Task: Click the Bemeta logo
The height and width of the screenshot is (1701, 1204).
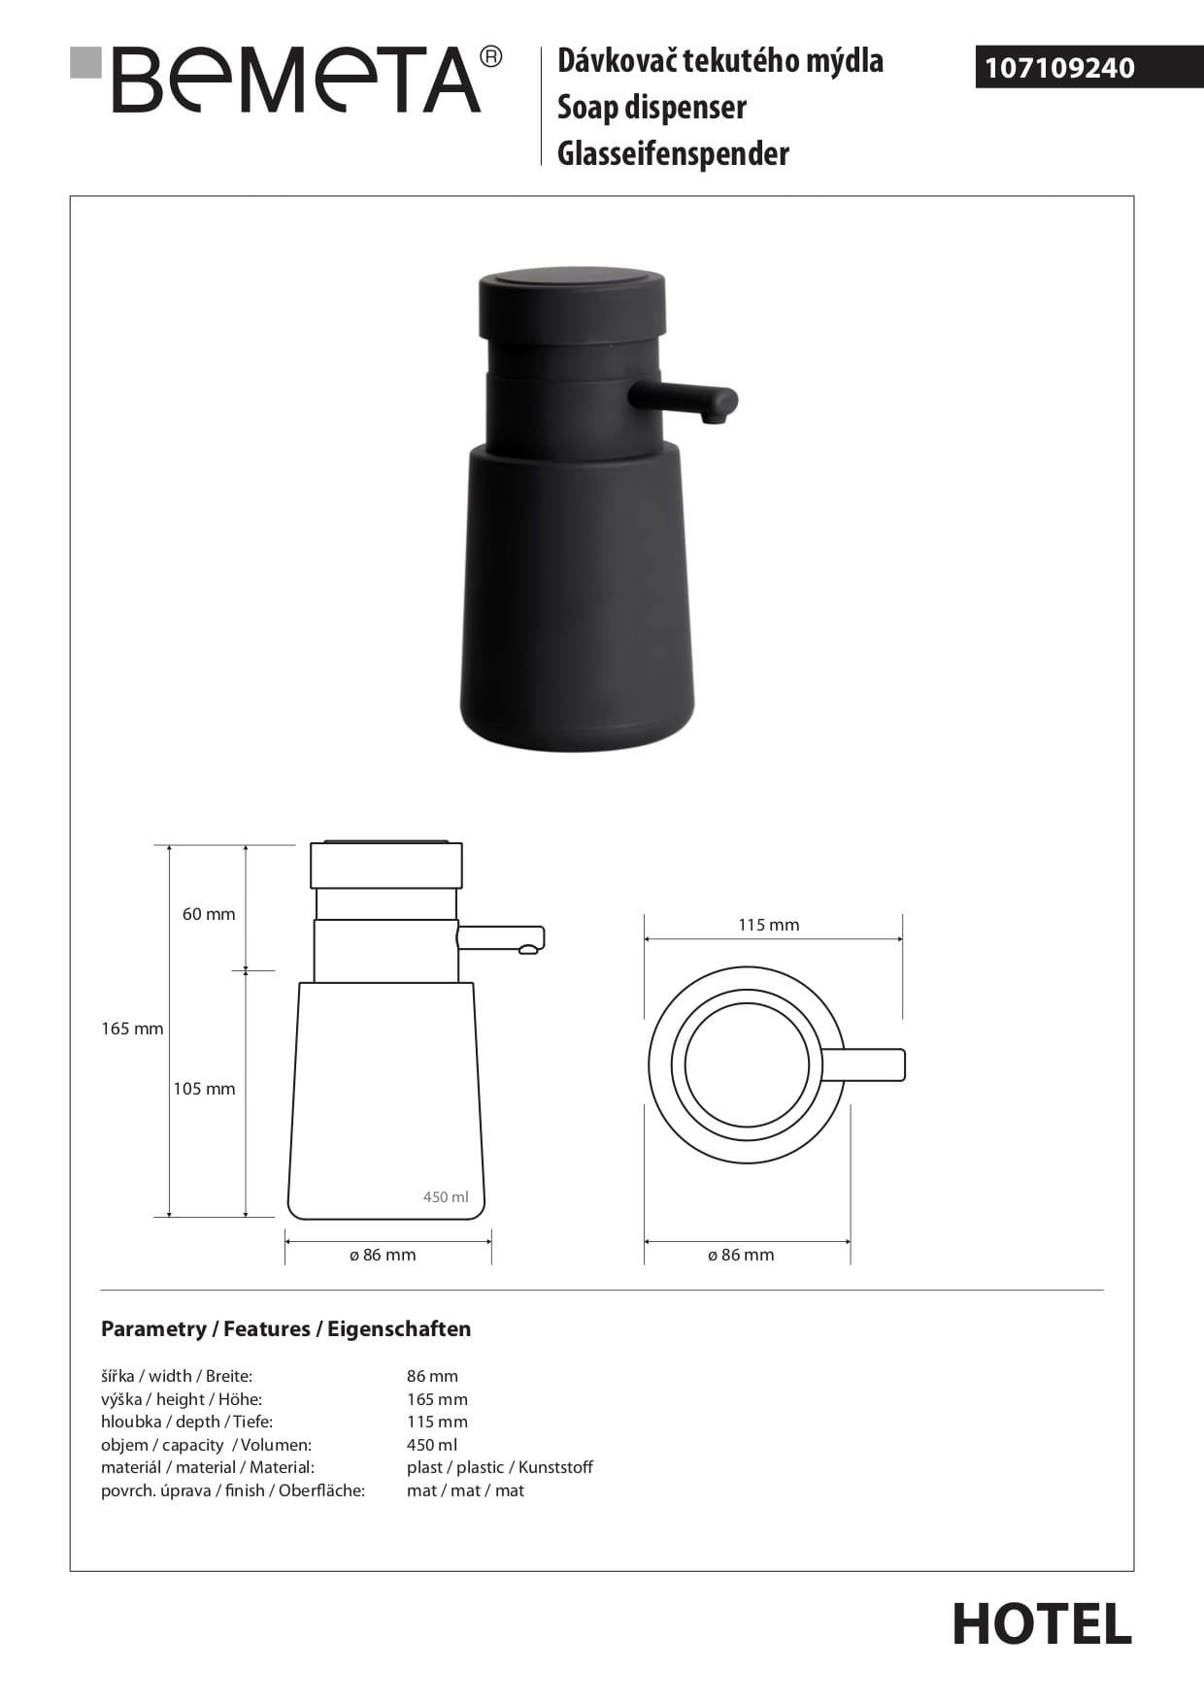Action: coord(287,80)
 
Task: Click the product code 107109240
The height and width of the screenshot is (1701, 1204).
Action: coord(1060,68)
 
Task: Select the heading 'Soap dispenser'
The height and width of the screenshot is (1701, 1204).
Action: coord(652,108)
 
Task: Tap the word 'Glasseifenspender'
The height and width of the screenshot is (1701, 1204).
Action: coord(673,153)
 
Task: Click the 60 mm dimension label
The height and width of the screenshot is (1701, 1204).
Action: coord(209,914)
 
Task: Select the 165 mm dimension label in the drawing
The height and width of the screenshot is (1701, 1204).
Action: coord(132,1029)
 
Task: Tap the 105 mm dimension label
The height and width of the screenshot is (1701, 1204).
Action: coord(204,1089)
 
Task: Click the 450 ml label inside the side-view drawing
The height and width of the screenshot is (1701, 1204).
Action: coord(446,1197)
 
